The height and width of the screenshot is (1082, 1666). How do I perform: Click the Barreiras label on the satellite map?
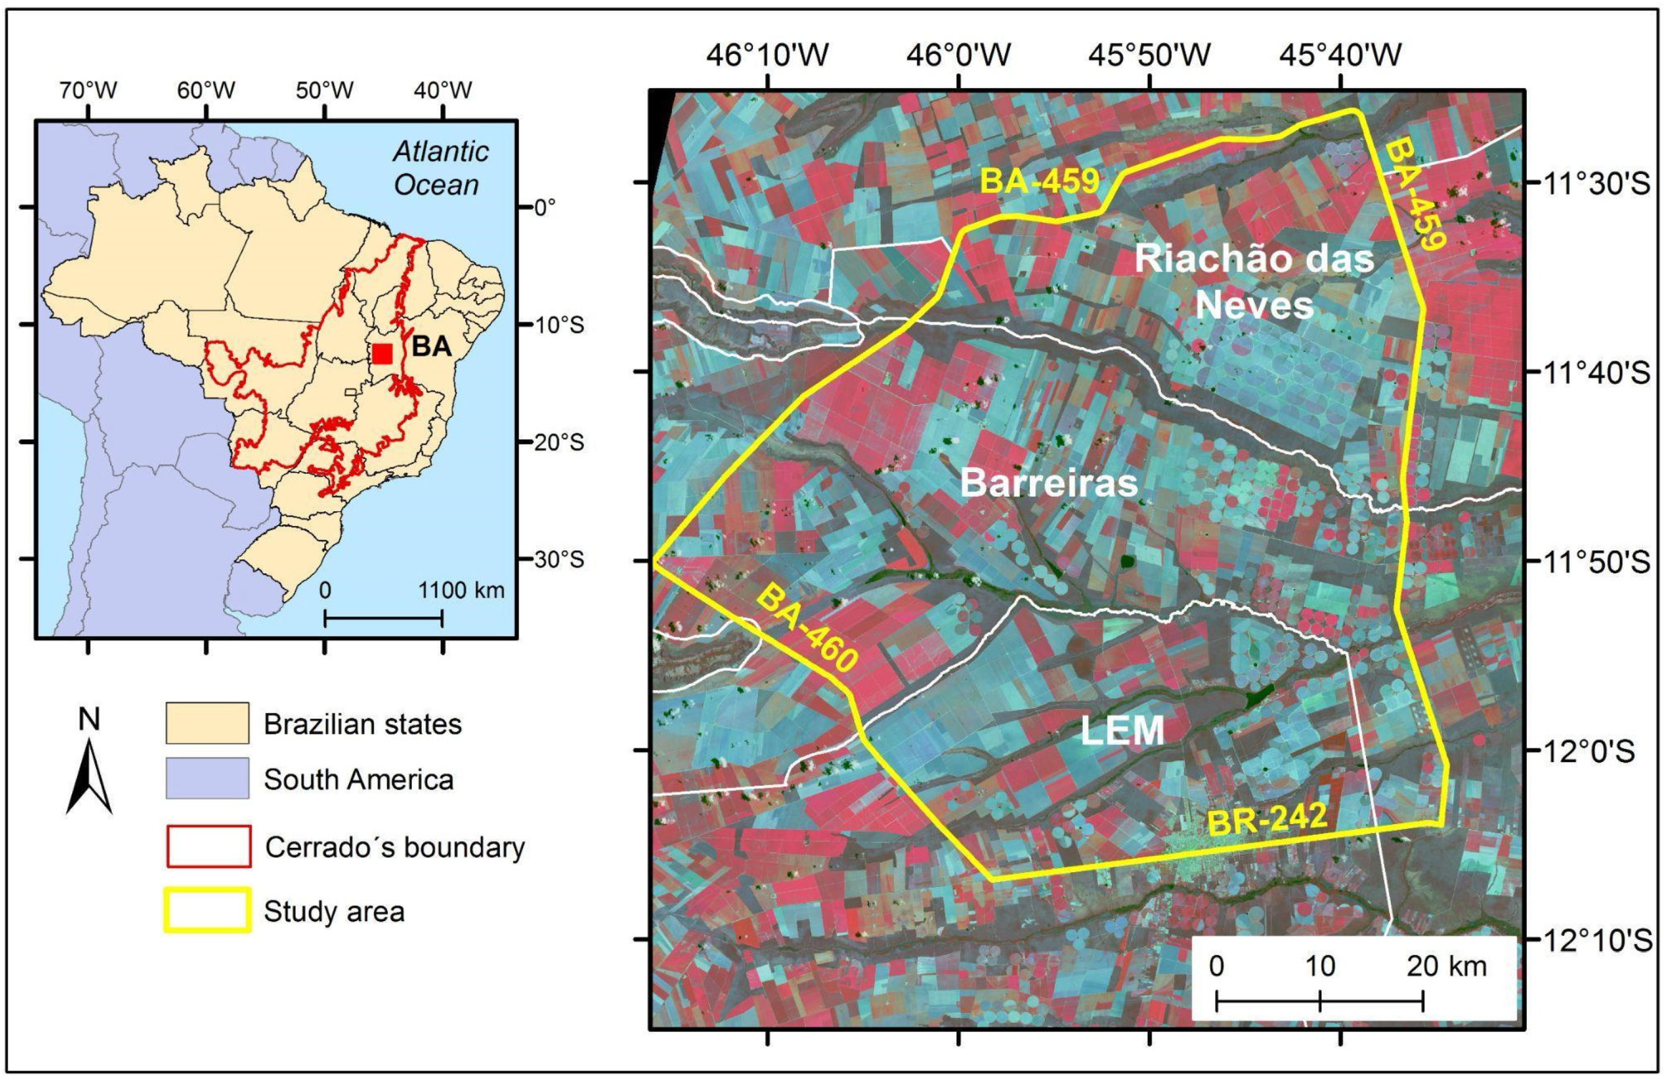coord(1049,483)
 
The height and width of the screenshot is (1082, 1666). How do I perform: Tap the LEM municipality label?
coord(1122,730)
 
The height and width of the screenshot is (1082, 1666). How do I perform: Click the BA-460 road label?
coord(808,628)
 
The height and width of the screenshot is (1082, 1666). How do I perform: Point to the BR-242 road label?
coord(1268,819)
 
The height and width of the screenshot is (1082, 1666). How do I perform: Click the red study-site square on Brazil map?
coord(381,353)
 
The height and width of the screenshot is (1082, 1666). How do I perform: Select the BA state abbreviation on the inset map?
coord(431,347)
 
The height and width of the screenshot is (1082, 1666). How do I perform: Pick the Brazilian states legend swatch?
coord(207,723)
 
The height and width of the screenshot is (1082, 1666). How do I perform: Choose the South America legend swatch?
coord(207,778)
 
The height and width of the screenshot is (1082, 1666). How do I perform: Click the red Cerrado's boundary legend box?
coord(208,847)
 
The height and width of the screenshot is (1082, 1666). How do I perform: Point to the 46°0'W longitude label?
coord(958,55)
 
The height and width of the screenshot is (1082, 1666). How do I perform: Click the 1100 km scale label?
coord(462,590)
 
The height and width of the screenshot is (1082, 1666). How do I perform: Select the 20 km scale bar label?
coord(1447,966)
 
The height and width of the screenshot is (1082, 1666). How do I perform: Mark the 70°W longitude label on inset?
coord(88,91)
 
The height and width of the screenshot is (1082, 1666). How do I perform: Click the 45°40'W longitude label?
coord(1341,55)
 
